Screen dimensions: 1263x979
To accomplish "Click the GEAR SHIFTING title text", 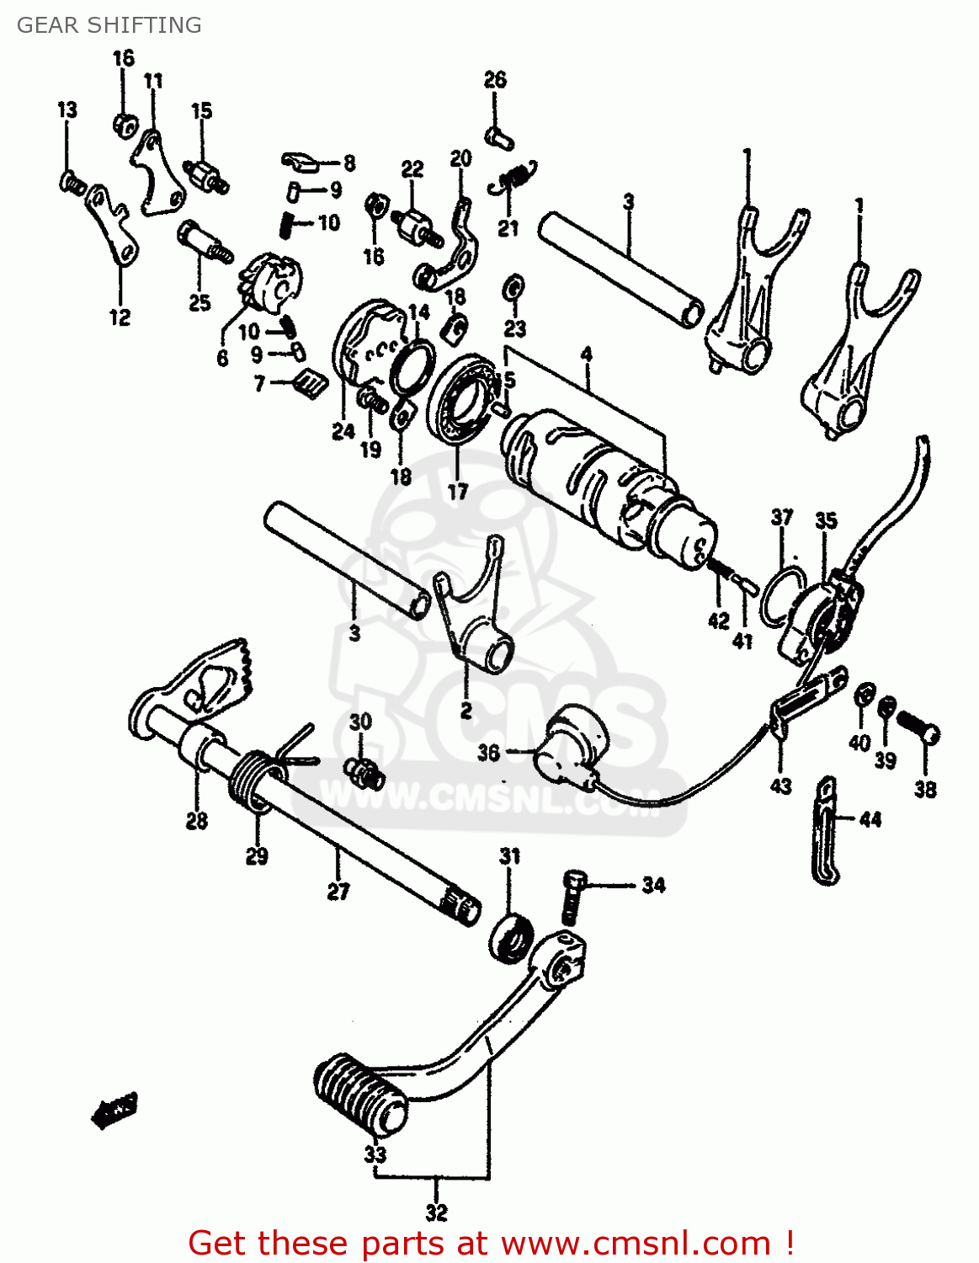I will click(109, 25).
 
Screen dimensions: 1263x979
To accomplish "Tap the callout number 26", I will click(495, 80).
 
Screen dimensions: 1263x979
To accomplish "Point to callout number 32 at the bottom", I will click(436, 1212).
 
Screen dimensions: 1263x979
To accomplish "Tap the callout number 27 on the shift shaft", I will click(338, 891).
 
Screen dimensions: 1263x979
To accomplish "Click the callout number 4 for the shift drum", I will click(586, 354).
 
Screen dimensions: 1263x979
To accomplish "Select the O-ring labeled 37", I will click(781, 598).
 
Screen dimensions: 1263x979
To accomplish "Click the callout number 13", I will click(67, 109).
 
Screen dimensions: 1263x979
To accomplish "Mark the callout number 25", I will click(200, 302).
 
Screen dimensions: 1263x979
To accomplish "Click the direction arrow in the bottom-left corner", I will click(114, 1111).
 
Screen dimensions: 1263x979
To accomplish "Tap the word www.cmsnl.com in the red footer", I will click(636, 1243).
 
